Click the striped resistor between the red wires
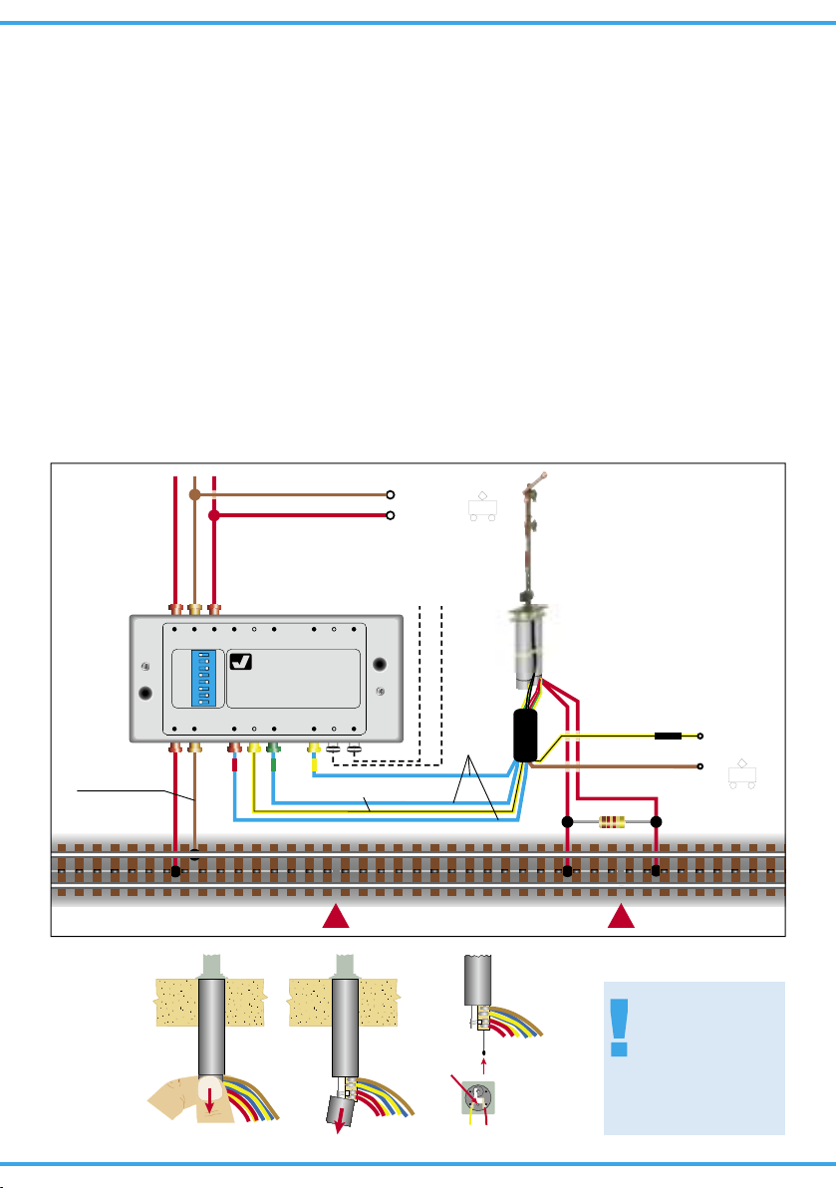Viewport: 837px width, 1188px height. [x=612, y=823]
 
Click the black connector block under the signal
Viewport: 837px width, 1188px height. [x=525, y=736]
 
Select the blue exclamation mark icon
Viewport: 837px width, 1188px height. [x=622, y=1029]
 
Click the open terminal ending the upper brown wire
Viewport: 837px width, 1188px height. [x=392, y=494]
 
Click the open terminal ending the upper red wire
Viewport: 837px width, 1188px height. [x=392, y=516]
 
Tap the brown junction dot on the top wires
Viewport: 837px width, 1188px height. [x=195, y=494]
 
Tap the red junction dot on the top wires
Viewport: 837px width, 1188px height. [x=214, y=516]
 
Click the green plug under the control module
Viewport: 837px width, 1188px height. [x=273, y=746]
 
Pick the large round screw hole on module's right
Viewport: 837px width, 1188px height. [x=379, y=665]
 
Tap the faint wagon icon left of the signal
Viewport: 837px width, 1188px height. [x=482, y=507]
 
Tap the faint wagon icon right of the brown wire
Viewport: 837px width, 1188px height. [x=740, y=774]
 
